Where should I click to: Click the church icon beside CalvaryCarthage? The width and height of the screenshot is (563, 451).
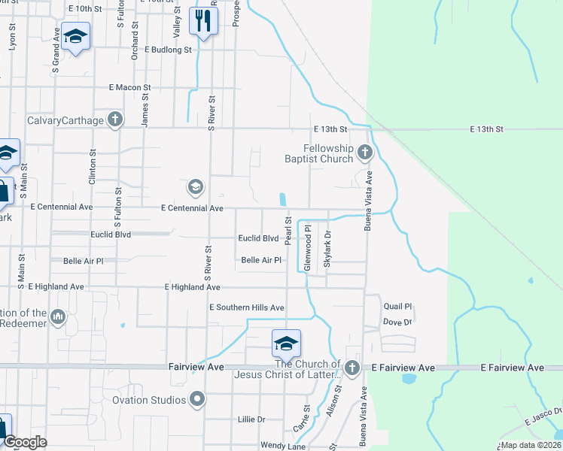[x=114, y=119]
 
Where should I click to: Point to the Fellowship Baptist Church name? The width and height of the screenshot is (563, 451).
[x=329, y=153]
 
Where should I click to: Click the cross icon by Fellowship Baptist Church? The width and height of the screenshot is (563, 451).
[x=364, y=153]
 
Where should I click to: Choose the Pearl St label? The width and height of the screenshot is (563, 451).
[x=288, y=231]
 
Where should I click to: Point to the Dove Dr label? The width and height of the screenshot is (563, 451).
[x=398, y=322]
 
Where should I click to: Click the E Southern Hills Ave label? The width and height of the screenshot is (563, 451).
[x=246, y=307]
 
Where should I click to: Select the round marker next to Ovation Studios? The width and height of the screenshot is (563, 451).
[x=197, y=399]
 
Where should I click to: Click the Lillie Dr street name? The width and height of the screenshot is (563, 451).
[x=251, y=419]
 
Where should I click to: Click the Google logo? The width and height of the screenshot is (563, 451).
[x=26, y=442]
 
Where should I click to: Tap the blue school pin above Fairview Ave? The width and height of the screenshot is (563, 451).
[x=286, y=344]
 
